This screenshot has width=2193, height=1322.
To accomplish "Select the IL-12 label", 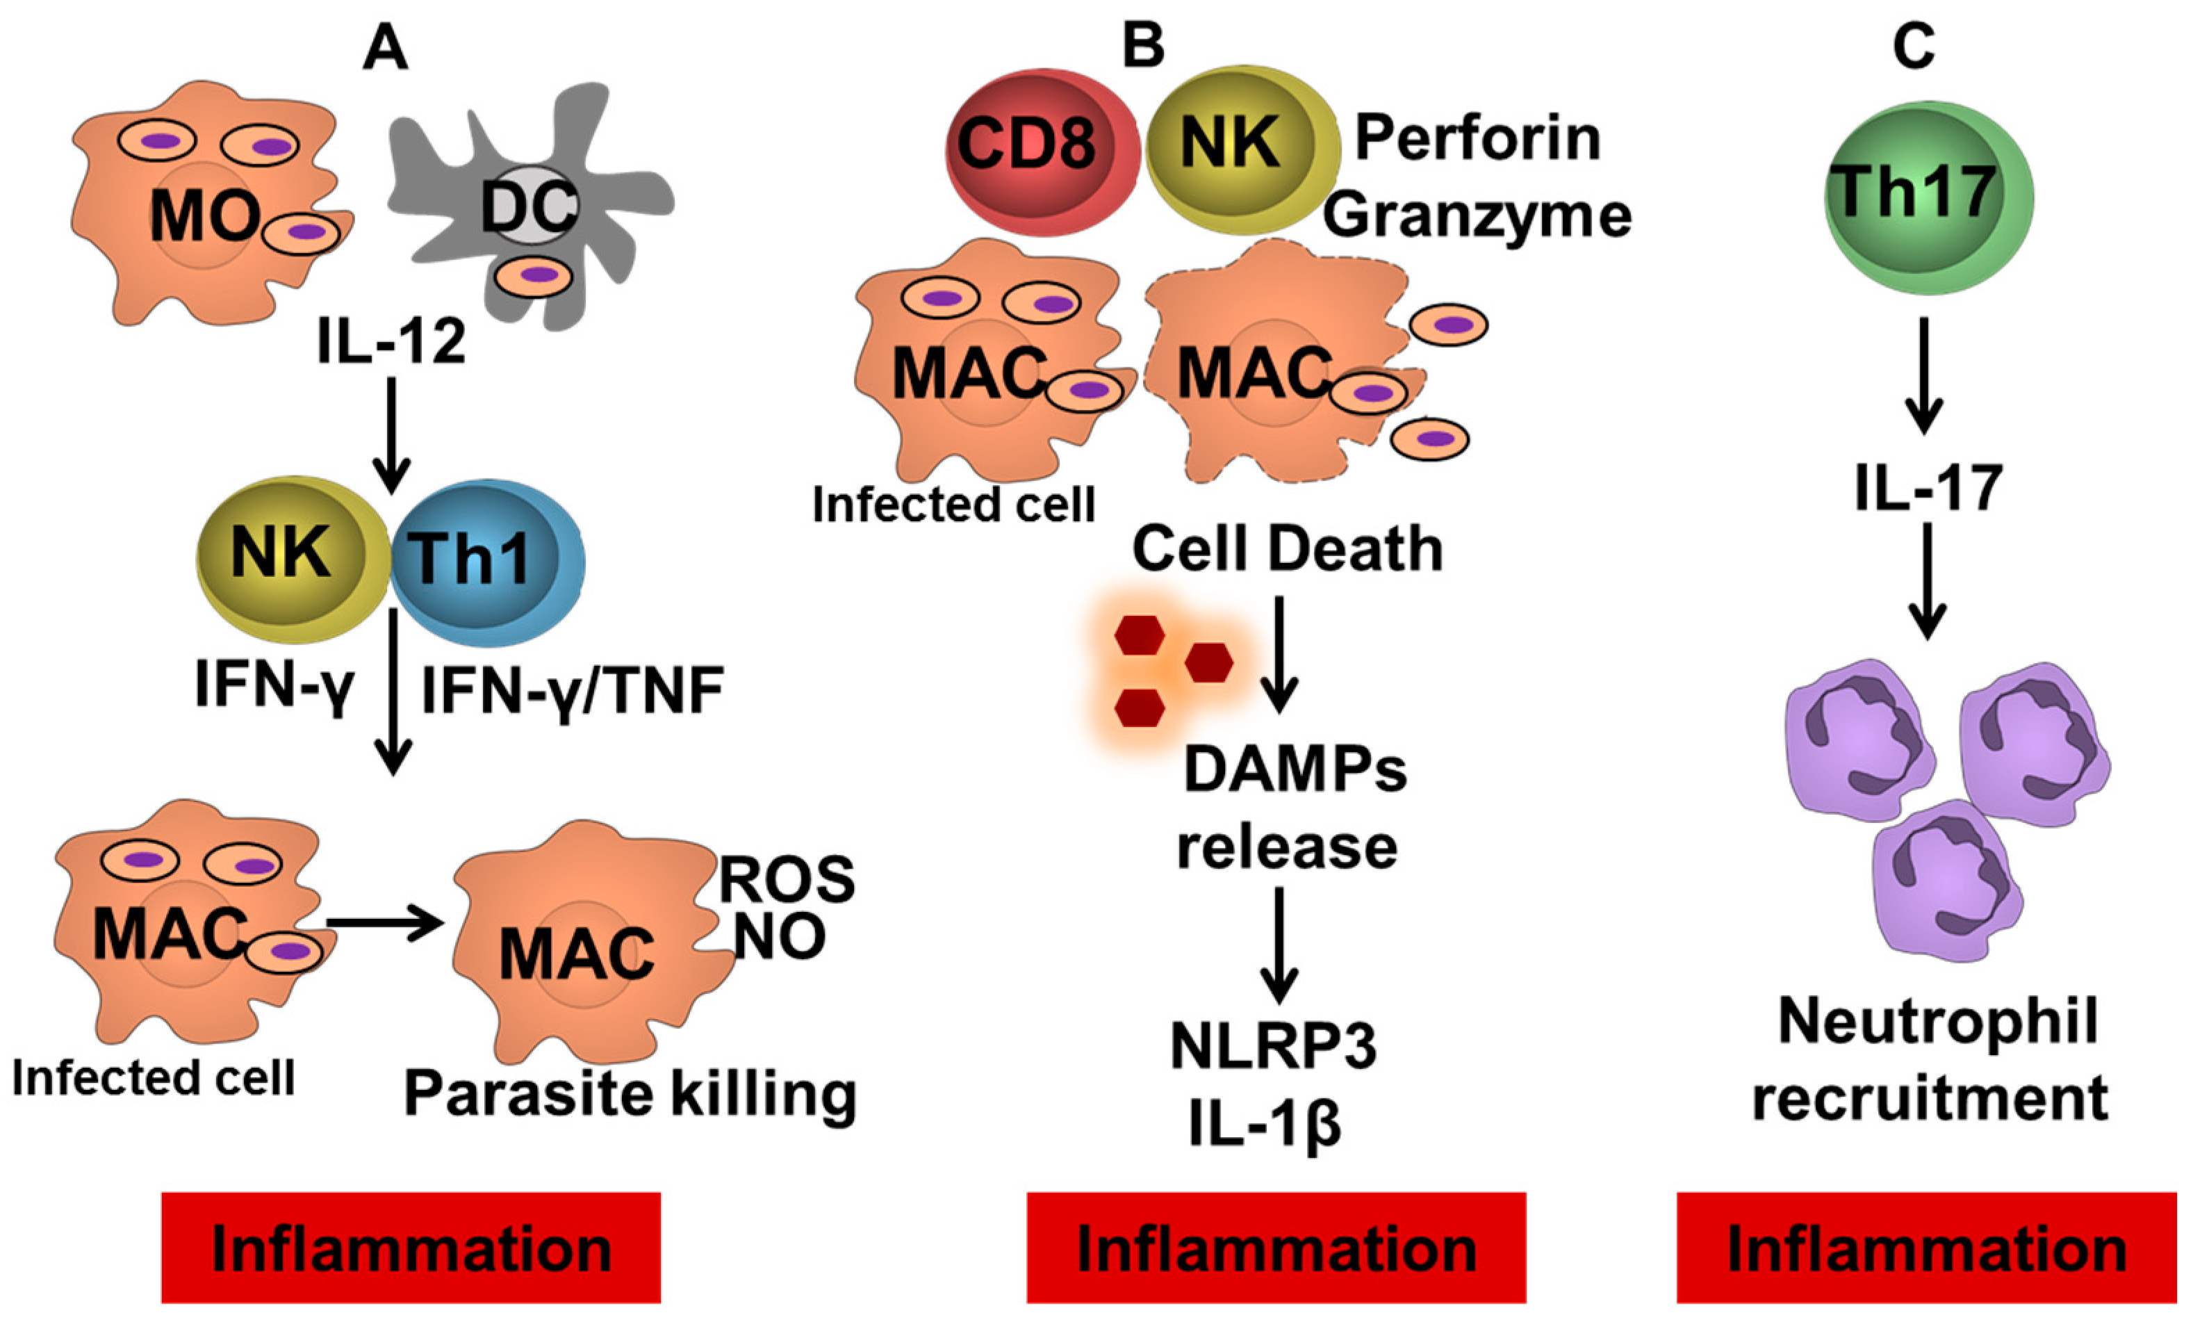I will tap(392, 341).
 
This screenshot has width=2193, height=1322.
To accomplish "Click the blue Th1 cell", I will tap(485, 561).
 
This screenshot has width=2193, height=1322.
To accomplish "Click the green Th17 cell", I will tap(1927, 196).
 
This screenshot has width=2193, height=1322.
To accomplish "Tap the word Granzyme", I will tap(1477, 216).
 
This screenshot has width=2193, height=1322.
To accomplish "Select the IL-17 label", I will tap(1928, 489).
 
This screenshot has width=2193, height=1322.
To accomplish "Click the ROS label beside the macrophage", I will tap(787, 879).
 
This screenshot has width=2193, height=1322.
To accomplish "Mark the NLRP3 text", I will tap(1273, 1046).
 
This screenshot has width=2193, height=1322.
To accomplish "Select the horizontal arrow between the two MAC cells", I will tap(383, 925).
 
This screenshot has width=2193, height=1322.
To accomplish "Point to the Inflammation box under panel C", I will tap(1926, 1248).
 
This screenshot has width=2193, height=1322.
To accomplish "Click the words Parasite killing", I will tap(630, 1093).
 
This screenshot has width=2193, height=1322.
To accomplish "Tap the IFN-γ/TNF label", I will tap(573, 692).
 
